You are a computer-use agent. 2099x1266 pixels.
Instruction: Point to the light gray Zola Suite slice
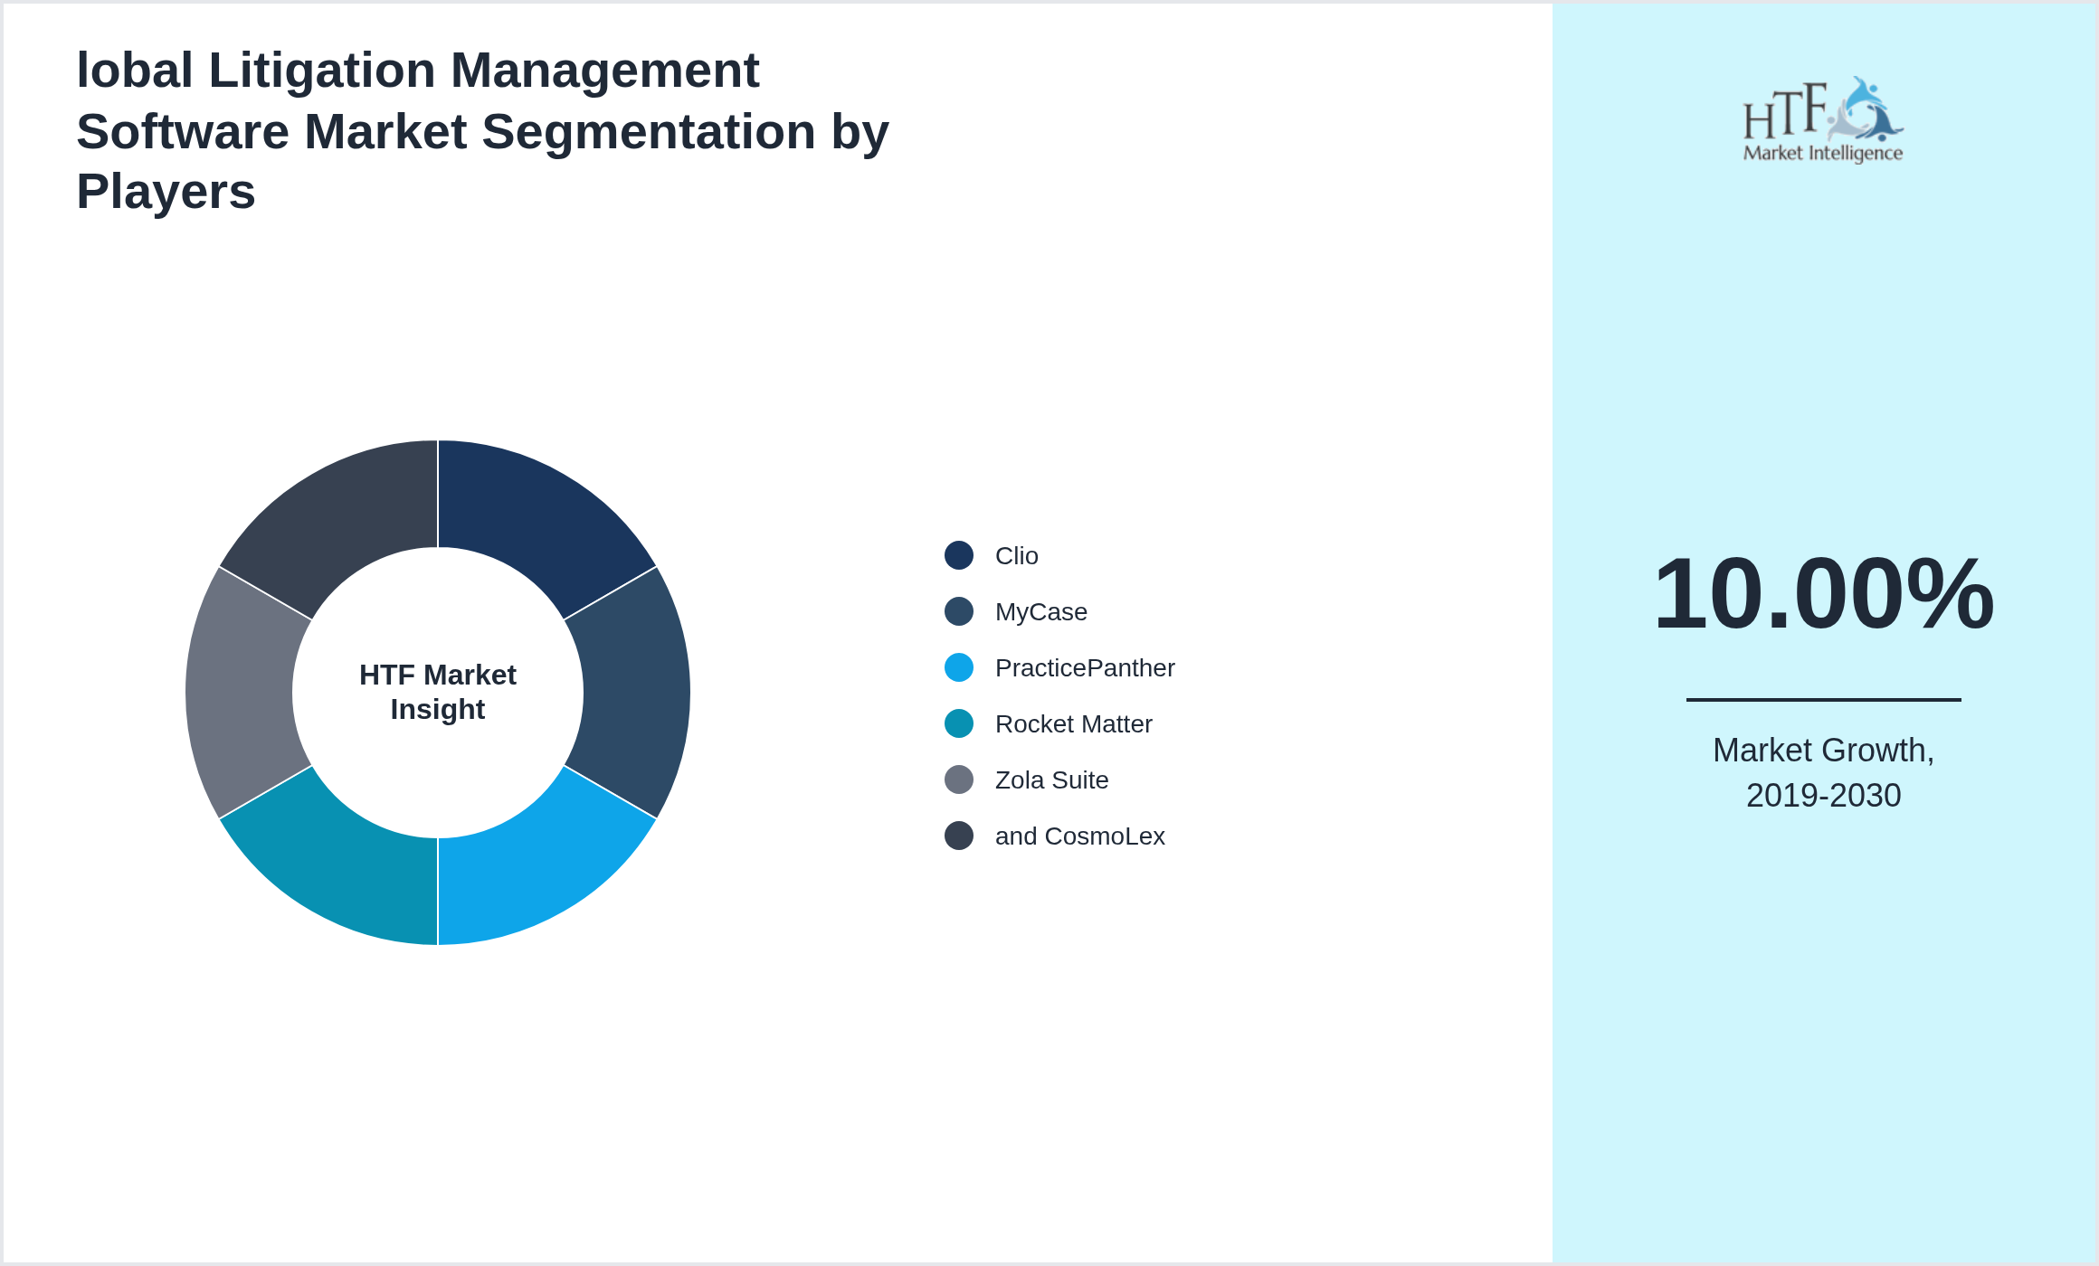point(240,693)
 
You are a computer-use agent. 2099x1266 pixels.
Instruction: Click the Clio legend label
point(1016,556)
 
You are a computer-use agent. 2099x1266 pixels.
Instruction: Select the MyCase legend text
point(1040,612)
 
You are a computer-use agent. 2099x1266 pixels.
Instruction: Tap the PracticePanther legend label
point(1084,668)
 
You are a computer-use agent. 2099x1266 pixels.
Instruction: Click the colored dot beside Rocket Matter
point(959,723)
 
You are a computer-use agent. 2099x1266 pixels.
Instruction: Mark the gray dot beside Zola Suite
point(959,779)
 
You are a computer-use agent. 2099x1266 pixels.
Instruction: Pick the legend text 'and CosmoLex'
point(1079,836)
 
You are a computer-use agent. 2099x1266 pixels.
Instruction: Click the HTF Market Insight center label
point(438,692)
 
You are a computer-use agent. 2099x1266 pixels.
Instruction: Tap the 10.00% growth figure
point(1823,594)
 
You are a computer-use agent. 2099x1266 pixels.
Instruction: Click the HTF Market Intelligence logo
point(1823,120)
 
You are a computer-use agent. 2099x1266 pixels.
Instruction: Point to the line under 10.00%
point(1823,699)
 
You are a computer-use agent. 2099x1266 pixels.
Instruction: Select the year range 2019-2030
point(1823,796)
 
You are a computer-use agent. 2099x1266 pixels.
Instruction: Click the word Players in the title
point(166,192)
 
